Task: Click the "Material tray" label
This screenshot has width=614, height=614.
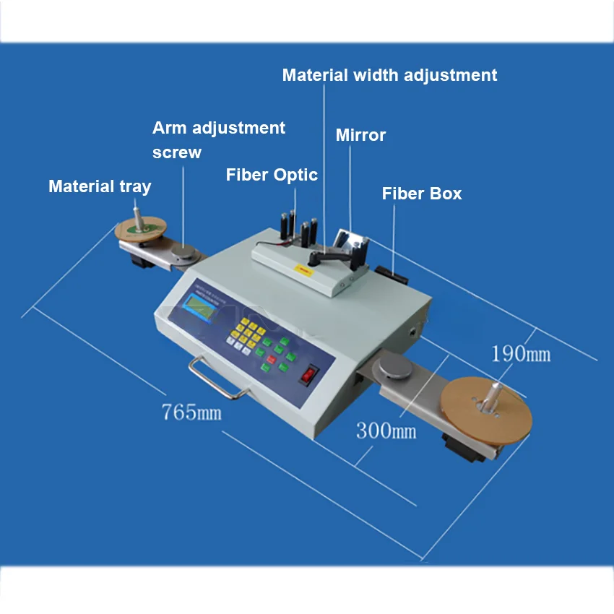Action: [100, 186]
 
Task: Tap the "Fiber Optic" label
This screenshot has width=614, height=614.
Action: [272, 175]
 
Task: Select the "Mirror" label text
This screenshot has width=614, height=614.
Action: [360, 135]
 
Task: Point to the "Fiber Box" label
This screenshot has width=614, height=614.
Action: [422, 194]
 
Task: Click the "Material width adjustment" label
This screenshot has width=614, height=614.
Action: [389, 75]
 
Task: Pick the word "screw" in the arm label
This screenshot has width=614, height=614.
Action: [177, 152]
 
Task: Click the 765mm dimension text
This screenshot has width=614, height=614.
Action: [191, 412]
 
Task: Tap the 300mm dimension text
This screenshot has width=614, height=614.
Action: [386, 431]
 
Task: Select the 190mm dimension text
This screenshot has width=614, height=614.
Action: [521, 353]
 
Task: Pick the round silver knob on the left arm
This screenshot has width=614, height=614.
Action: [183, 253]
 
